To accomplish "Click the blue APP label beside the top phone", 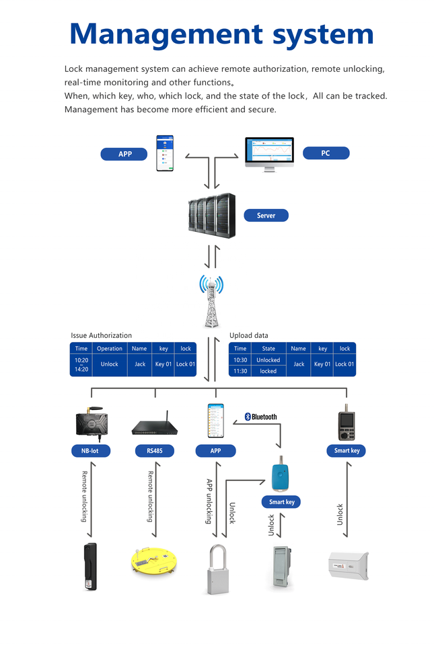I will coord(124,154).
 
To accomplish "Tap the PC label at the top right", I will coord(326,153).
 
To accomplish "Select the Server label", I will coord(266,216).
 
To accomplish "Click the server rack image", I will coord(212,215).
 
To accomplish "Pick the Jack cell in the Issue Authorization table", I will coord(139,364).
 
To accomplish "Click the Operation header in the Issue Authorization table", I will coord(110,349).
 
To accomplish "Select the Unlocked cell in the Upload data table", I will coord(268,360).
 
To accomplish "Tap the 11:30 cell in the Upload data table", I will coord(240,371).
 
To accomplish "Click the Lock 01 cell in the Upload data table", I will coord(345,364).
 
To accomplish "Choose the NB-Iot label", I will coord(90,451).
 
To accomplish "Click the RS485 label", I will coord(155,451).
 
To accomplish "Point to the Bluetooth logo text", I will coord(260,417).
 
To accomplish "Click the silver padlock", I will coord(215,568).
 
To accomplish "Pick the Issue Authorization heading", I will coord(102,335).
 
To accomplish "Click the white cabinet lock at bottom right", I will coord(347,565).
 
